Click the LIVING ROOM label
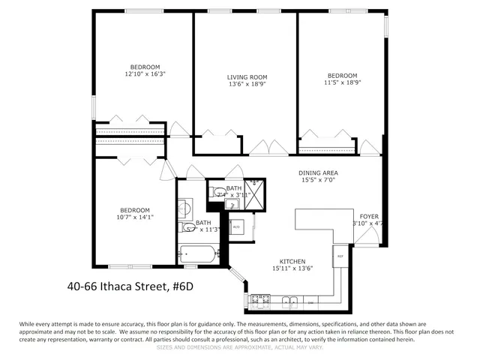click(247, 76)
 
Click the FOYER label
click(369, 215)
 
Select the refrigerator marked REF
click(339, 256)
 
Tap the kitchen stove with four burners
click(260, 301)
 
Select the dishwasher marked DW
click(311, 301)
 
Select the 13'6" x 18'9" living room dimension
click(247, 84)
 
